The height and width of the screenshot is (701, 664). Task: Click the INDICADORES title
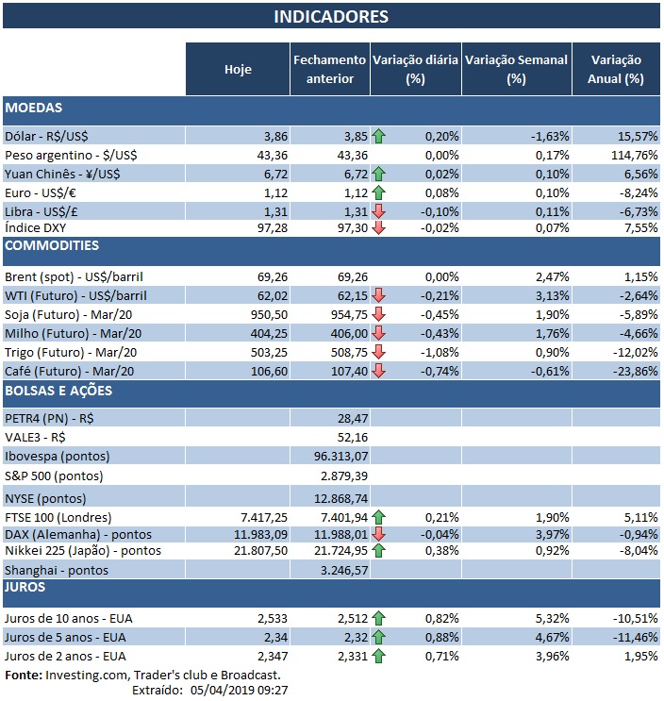[331, 17]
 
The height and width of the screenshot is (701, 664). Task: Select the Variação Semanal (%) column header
[517, 69]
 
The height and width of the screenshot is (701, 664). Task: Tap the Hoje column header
[238, 69]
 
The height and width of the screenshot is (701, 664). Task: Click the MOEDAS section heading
[34, 108]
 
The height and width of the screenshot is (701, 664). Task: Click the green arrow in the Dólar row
[378, 136]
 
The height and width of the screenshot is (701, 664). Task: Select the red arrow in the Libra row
[378, 209]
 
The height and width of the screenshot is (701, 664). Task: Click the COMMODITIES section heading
[52, 246]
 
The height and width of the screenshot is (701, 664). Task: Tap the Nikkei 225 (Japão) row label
[83, 550]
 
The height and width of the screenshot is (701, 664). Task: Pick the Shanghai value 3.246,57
[337, 570]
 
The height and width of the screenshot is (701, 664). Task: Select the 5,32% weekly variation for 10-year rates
[551, 617]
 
